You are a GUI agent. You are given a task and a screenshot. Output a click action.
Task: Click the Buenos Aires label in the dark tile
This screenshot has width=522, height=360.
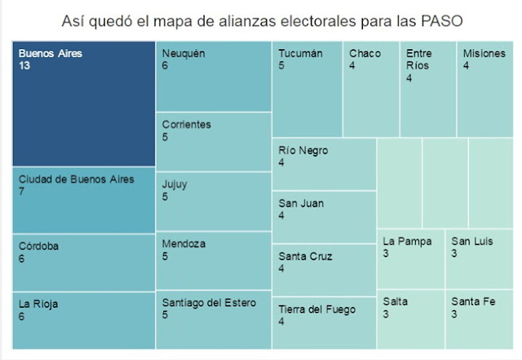tap(51, 53)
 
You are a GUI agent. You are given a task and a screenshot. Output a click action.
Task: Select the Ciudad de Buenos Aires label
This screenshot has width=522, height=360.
tap(76, 179)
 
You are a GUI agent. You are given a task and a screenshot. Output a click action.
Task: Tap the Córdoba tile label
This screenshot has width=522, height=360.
tap(39, 245)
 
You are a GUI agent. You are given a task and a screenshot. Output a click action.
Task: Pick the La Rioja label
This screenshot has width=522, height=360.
tap(38, 304)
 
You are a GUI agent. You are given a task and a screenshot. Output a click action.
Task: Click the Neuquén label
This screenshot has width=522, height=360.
tap(183, 53)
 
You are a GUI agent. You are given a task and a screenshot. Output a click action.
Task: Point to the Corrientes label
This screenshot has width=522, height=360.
tap(186, 125)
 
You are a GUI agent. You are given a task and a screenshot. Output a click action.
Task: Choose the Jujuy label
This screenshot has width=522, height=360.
tap(175, 184)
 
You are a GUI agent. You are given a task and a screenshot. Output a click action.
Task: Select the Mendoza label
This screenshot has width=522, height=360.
tap(184, 243)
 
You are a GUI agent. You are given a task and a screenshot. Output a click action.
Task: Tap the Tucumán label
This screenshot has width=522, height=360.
tap(300, 53)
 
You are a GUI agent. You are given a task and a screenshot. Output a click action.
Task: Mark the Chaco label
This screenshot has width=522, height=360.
tap(365, 53)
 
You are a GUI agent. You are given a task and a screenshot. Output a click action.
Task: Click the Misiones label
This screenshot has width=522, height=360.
tap(484, 53)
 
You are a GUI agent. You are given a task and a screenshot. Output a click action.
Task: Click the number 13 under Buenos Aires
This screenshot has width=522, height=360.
tap(24, 65)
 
